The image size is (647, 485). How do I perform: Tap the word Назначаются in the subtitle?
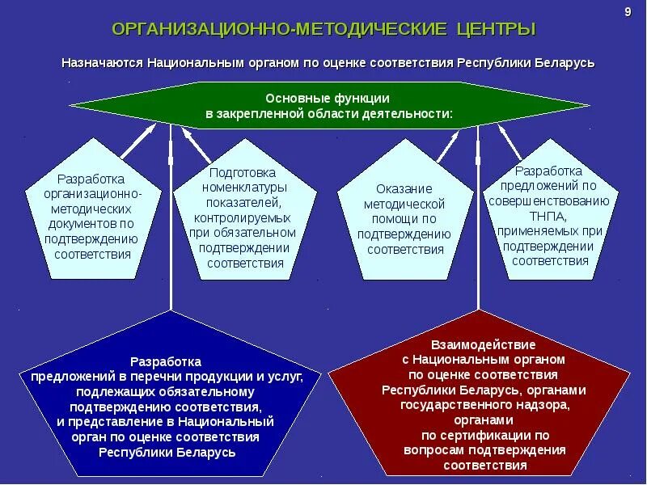pos(100,63)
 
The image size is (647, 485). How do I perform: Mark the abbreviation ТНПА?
pos(550,217)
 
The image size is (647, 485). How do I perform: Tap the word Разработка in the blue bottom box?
pos(167,361)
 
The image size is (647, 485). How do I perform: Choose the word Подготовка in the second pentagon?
pos(243,173)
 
